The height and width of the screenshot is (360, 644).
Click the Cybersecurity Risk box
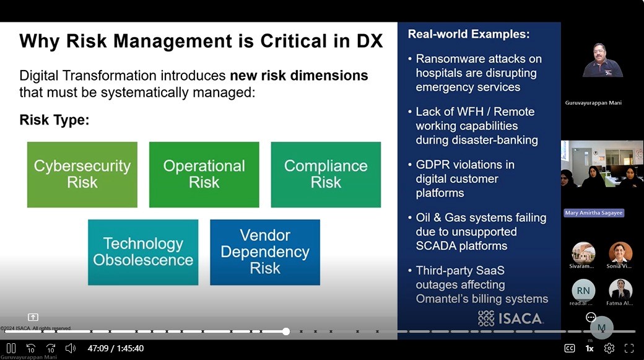[82, 174]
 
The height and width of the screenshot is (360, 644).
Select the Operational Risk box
[204, 174]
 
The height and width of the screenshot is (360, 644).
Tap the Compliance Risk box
[326, 174]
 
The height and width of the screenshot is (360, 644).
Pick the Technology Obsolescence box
[143, 252]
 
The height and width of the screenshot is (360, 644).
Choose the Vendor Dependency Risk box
[265, 252]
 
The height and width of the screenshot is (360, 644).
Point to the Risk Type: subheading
[54, 120]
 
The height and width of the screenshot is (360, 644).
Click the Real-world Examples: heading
[469, 34]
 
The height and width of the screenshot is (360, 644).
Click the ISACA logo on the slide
[510, 318]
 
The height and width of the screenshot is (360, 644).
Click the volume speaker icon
[71, 348]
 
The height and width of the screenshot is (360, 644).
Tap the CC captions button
[570, 348]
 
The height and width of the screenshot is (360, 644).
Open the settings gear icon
[609, 348]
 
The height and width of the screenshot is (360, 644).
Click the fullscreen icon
[629, 348]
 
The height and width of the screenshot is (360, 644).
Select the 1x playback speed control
[590, 348]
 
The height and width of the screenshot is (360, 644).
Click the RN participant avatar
[583, 290]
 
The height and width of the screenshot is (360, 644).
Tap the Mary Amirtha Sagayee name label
[594, 213]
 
